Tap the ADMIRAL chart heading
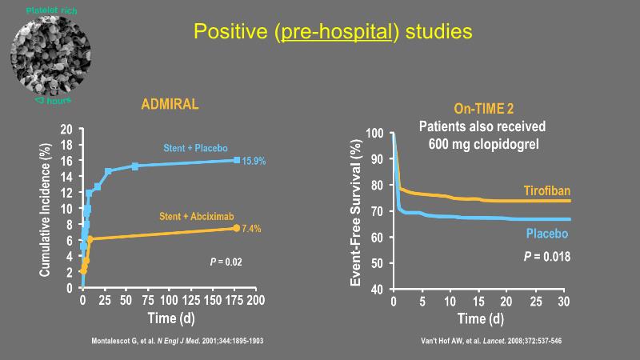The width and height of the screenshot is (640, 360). (x=170, y=105)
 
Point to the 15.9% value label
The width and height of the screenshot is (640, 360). (x=254, y=162)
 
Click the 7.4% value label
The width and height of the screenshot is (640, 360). (x=250, y=229)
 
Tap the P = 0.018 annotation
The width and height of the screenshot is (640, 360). (x=546, y=256)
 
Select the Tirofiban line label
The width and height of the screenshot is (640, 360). (x=547, y=192)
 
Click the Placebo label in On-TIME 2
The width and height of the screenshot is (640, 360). (x=547, y=234)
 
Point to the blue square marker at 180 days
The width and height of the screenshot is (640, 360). (x=237, y=160)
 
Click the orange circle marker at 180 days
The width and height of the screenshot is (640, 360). (x=237, y=228)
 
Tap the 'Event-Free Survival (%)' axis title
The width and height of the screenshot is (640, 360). (x=357, y=210)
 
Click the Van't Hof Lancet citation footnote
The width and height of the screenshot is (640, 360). (x=491, y=342)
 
